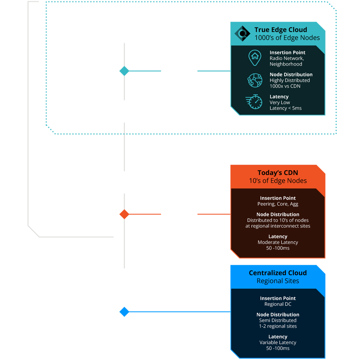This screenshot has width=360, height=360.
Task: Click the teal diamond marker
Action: pyautogui.click(x=124, y=71)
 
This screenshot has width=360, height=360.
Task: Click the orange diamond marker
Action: pyautogui.click(x=124, y=214)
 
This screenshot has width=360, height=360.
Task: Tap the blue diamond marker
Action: pyautogui.click(x=124, y=312)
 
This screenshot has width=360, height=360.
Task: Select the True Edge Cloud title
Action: pyautogui.click(x=281, y=30)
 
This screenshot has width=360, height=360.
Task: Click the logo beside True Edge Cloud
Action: pyautogui.click(x=242, y=33)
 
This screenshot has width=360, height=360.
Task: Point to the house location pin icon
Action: pyautogui.click(x=255, y=58)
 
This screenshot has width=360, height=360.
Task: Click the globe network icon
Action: pyautogui.click(x=255, y=81)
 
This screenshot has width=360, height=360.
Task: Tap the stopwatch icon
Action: pyautogui.click(x=254, y=102)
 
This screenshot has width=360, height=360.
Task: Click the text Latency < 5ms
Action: pyautogui.click(x=285, y=108)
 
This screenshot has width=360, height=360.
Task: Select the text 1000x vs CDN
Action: pyautogui.click(x=285, y=86)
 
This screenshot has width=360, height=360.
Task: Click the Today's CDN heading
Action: pyautogui.click(x=278, y=173)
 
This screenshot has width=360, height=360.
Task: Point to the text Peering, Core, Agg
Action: pyautogui.click(x=278, y=204)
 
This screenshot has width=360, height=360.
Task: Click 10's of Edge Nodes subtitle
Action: pyautogui.click(x=278, y=181)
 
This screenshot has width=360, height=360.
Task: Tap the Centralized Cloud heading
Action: pyautogui.click(x=278, y=273)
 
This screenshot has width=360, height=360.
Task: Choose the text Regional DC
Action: pyautogui.click(x=278, y=304)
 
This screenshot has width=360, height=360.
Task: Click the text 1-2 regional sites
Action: pyautogui.click(x=278, y=326)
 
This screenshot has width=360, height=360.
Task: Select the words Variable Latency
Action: pyautogui.click(x=278, y=342)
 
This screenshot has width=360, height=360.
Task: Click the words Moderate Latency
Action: pyautogui.click(x=278, y=242)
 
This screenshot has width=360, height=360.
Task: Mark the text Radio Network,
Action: pyautogui.click(x=287, y=58)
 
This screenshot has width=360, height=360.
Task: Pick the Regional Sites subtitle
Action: pyautogui.click(x=278, y=281)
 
